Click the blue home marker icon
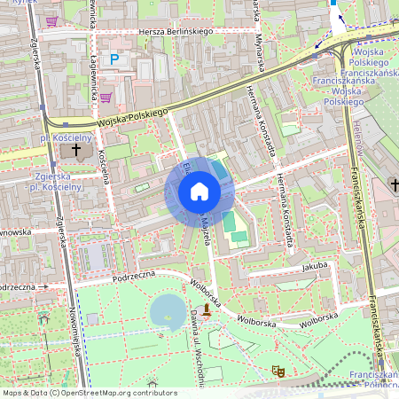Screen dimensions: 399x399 click(x=199, y=192)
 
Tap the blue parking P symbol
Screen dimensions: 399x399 click(x=114, y=59)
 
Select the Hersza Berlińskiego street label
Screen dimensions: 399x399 click(x=176, y=32)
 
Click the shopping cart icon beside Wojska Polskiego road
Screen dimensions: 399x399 click(x=106, y=98)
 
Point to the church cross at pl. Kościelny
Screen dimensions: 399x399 click(x=75, y=151)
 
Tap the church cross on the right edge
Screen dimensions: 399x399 click(x=394, y=184)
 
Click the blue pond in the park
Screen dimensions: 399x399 click(x=168, y=311)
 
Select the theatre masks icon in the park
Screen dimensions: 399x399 click(x=277, y=372)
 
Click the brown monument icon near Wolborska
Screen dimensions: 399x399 click(x=207, y=309)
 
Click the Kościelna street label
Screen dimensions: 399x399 click(x=104, y=166)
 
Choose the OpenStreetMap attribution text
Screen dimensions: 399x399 click(x=89, y=393)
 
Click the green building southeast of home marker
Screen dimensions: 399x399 click(x=232, y=224)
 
